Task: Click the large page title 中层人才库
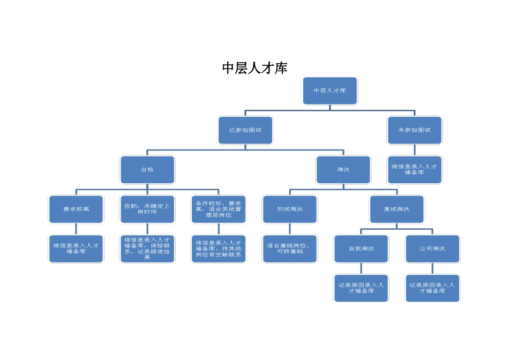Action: coord(254,68)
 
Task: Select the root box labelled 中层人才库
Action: coord(330,91)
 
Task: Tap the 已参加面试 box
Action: coord(245,130)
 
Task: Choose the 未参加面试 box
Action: coord(414,130)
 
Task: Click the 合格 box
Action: coord(147,170)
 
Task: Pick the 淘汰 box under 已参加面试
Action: coord(343,170)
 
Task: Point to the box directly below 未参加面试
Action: coord(414,170)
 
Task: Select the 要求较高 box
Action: coord(76,209)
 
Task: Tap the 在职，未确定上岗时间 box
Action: coord(147,209)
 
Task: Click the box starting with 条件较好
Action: coord(219,209)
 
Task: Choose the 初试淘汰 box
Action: coord(290,209)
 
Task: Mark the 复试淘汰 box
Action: coord(396,209)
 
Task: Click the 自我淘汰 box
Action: coord(361,249)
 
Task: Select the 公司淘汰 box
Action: coord(432,249)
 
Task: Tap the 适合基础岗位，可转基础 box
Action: coord(290,249)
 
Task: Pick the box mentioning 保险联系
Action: coord(147,249)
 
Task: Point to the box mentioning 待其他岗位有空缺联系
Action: coord(219,249)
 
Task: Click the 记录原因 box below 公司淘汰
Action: coord(432,288)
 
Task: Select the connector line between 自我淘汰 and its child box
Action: coord(361,268)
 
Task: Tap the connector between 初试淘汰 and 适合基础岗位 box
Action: coord(290,229)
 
